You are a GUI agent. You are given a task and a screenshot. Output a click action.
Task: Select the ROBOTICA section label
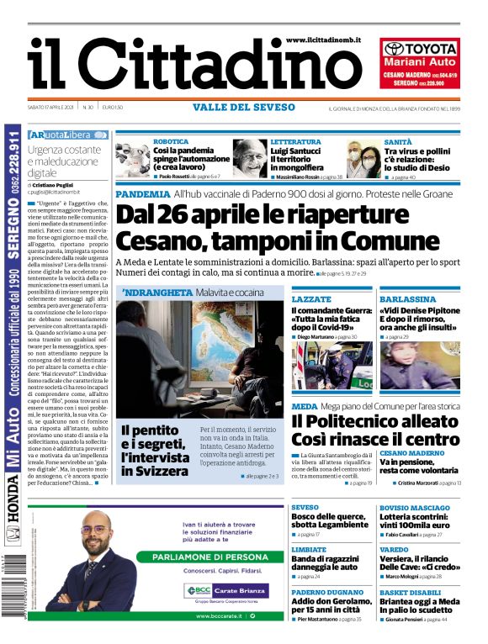[171, 142]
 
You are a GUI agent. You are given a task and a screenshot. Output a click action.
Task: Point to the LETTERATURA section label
[295, 142]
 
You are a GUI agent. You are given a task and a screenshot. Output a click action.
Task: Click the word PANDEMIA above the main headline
[141, 194]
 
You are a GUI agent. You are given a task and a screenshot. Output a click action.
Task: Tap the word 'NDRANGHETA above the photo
[156, 293]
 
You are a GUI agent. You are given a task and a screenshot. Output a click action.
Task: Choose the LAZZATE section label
[311, 298]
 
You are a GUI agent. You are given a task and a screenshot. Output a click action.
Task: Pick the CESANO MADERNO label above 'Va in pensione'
[411, 452]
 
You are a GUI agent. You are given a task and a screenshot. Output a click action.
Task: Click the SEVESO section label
[305, 508]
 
